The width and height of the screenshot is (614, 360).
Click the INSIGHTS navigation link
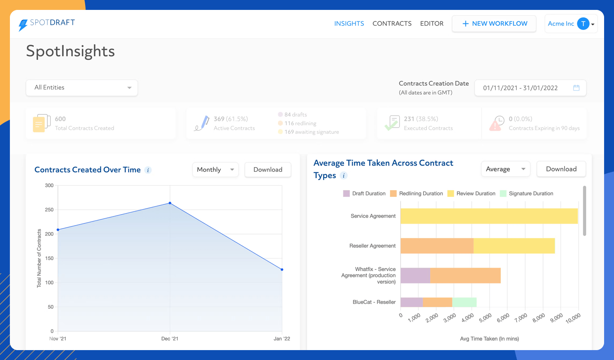tap(349, 24)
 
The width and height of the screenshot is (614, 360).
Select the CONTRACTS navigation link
tap(392, 24)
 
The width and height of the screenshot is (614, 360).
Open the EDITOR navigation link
tap(431, 24)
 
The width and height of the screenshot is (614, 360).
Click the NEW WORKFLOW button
tap(494, 24)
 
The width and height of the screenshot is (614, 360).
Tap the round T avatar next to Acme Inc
tap(583, 24)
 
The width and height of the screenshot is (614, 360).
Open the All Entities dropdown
tap(82, 88)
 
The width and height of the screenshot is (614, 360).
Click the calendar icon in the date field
tap(576, 88)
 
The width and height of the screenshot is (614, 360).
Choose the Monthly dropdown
tap(215, 170)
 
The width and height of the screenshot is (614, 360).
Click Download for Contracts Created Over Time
tap(268, 170)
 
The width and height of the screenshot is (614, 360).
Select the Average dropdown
tap(505, 169)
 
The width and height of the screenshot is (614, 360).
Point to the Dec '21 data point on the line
tap(170, 203)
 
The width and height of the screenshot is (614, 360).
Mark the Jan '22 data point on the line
tap(282, 270)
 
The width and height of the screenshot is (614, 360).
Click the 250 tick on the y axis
tap(49, 210)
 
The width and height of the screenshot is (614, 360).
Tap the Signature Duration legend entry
tap(526, 194)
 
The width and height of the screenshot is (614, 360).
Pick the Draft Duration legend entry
tap(364, 194)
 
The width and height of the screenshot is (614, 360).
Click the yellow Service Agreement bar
tap(489, 216)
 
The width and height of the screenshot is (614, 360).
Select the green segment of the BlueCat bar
tap(464, 302)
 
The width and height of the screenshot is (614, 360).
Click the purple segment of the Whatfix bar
tap(415, 276)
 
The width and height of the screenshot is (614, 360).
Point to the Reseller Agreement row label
tap(372, 246)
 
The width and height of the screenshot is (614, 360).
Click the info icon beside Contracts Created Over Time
tap(148, 170)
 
